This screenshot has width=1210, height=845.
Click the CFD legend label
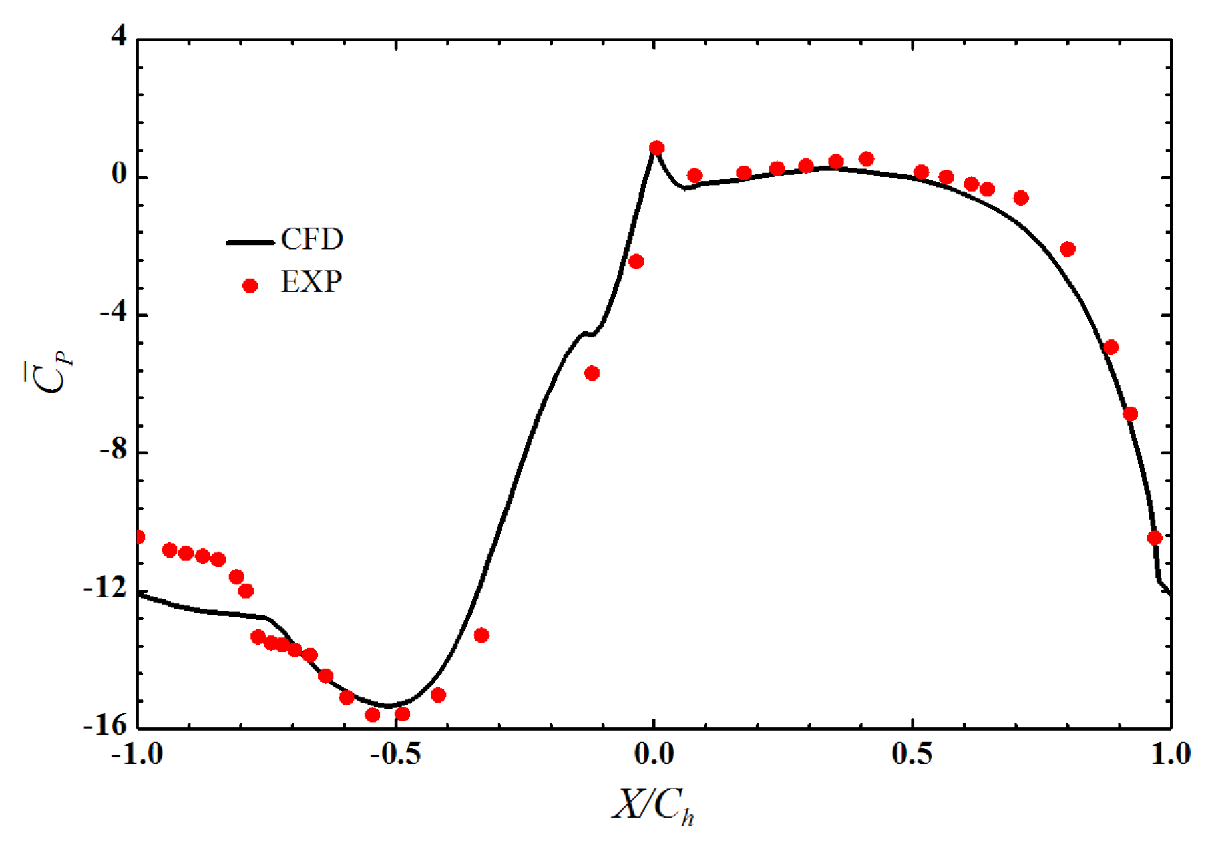point(312,239)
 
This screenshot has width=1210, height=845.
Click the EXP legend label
point(311,282)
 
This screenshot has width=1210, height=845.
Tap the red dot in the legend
point(250,286)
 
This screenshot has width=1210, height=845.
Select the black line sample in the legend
point(250,242)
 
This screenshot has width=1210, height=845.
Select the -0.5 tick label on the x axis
point(395,754)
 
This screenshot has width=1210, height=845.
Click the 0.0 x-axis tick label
point(654,754)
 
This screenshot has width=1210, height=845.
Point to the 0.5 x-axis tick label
point(912,754)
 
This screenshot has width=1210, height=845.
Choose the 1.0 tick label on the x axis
point(1170,754)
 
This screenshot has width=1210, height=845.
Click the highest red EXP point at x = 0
point(656,148)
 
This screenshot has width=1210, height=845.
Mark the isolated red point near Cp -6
point(592,373)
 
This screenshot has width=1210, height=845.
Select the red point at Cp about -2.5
point(636,261)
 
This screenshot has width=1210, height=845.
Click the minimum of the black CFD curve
point(387,705)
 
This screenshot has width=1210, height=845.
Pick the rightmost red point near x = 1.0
point(1155,538)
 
